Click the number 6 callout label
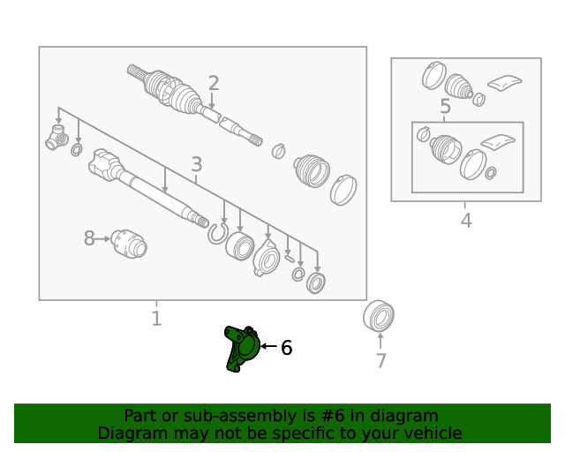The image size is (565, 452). click(x=286, y=348)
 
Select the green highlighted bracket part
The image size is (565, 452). click(x=242, y=348)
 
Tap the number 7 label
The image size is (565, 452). click(x=381, y=361)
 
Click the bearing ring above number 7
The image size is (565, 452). click(x=379, y=316)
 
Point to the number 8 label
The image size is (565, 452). click(x=89, y=238)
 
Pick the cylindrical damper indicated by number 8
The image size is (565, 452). click(x=129, y=244)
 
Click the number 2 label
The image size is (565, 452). click(x=214, y=83)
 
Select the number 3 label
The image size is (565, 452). click(x=197, y=164)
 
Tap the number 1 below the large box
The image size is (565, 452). click(x=156, y=319)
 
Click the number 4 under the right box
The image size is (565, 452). click(x=466, y=221)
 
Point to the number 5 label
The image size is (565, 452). click(x=445, y=106)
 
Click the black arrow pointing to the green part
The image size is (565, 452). click(x=268, y=346)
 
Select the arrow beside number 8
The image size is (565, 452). click(x=103, y=238)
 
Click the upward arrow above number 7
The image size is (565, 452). click(x=380, y=341)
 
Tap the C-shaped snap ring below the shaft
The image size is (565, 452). click(x=218, y=233)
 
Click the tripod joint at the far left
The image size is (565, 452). click(x=56, y=138)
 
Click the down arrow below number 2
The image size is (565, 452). click(x=212, y=101)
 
